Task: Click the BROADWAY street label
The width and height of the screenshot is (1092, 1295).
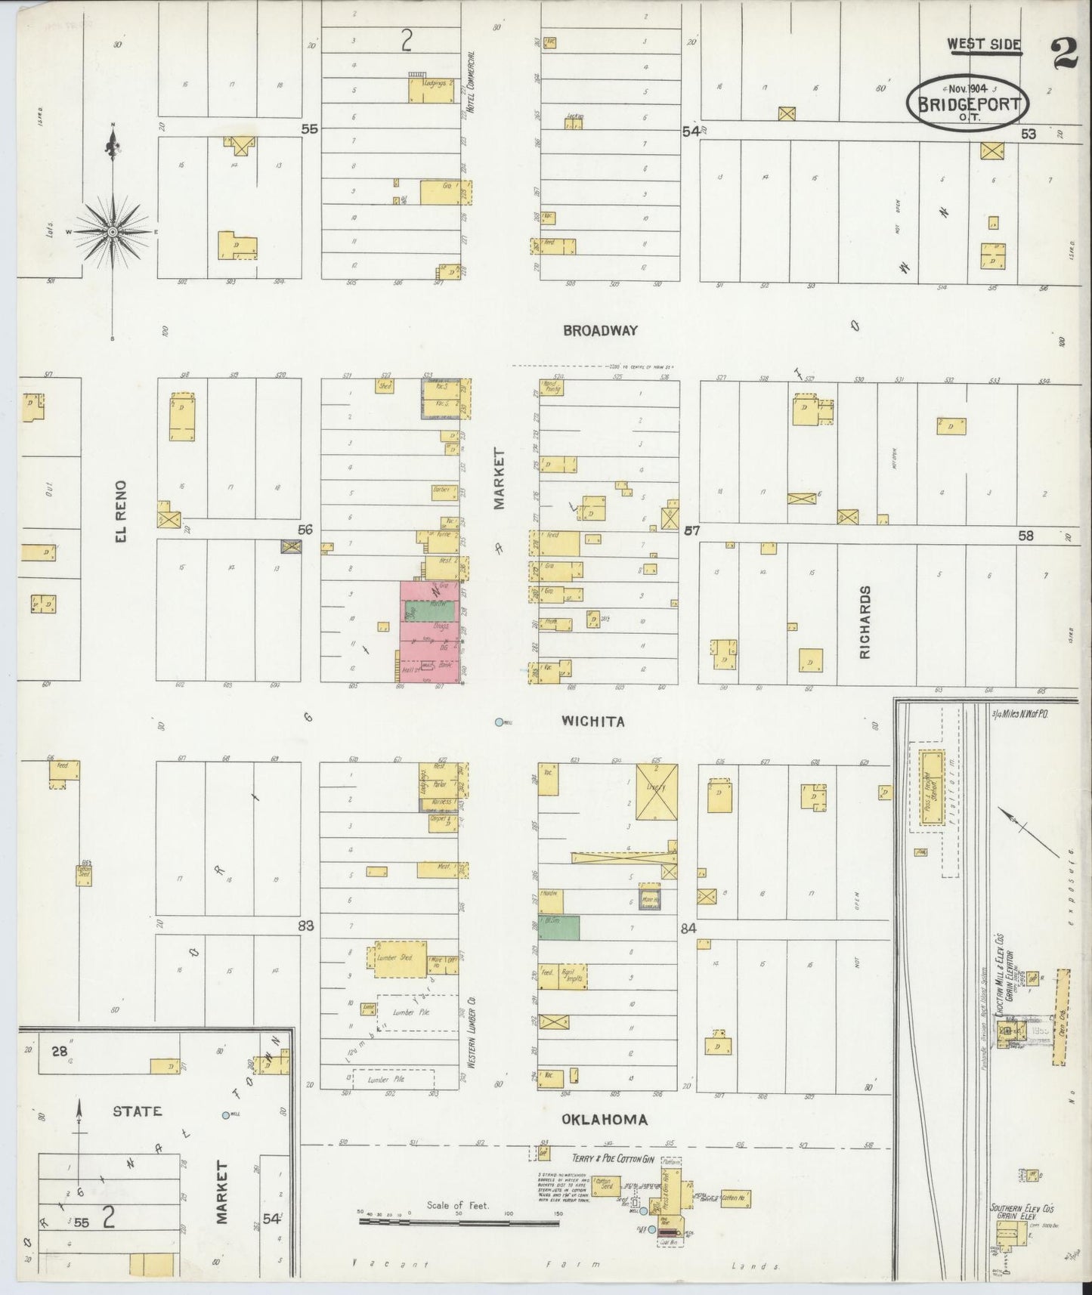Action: pos(600,330)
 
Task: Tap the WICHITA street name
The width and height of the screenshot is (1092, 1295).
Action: pos(593,722)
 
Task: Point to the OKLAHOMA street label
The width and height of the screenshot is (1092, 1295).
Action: pos(604,1120)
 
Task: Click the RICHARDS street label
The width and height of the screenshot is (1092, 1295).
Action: pos(865,622)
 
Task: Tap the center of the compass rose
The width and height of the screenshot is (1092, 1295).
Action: pos(113,230)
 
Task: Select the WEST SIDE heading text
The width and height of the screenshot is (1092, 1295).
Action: pos(984,45)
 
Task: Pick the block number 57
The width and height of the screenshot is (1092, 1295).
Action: pos(691,531)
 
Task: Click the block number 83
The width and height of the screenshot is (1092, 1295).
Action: pos(306,926)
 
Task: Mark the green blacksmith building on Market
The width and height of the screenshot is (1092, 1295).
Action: pos(559,927)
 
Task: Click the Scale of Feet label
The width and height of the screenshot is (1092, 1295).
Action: pos(457,1206)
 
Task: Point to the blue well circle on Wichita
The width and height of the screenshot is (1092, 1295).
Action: pos(498,723)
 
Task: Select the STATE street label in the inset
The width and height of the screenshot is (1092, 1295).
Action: pos(137,1111)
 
